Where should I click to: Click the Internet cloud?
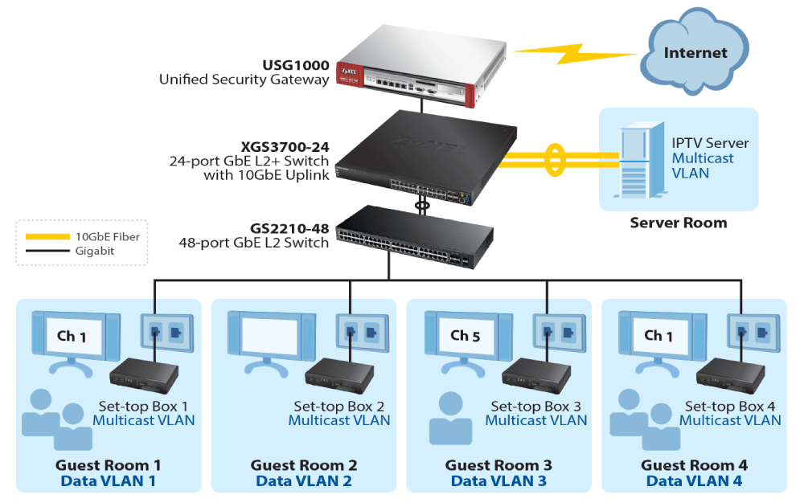click(x=695, y=54)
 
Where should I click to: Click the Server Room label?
click(x=678, y=223)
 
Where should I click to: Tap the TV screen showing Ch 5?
click(x=465, y=336)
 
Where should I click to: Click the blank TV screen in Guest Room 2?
click(x=270, y=336)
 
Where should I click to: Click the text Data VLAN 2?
click(x=303, y=481)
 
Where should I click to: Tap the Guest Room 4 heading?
click(x=694, y=465)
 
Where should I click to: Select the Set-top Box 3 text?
click(x=535, y=407)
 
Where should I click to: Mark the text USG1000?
click(x=295, y=64)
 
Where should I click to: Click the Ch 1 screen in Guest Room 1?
click(x=72, y=336)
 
